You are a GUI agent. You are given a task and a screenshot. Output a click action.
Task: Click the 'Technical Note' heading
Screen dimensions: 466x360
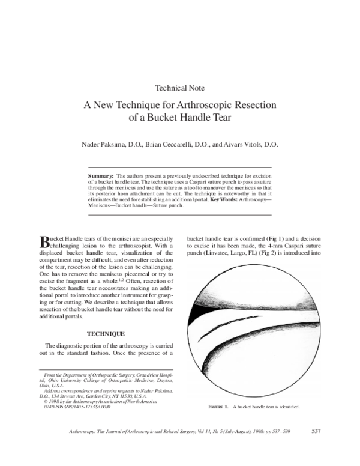179,88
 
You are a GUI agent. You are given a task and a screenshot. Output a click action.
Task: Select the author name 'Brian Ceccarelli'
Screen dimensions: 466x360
169,144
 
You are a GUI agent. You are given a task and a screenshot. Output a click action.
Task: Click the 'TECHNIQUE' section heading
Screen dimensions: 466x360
106,333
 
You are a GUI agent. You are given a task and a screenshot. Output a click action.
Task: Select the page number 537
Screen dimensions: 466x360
319,431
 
